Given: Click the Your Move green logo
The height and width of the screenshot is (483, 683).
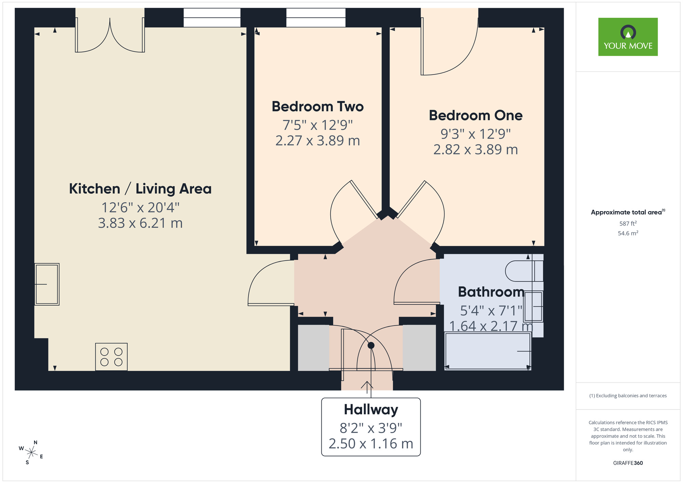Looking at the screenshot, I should click(x=628, y=37).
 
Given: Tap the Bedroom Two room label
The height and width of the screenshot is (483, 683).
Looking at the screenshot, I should click(x=317, y=107).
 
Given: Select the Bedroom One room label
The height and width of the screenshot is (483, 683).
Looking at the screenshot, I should click(x=475, y=115).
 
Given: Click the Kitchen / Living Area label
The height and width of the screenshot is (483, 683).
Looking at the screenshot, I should click(x=140, y=189).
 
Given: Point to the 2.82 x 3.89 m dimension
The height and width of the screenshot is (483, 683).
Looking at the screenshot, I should click(x=475, y=150).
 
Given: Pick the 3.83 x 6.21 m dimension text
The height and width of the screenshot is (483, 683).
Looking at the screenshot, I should click(x=140, y=223).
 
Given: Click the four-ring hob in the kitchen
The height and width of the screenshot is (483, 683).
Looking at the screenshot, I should click(x=111, y=357).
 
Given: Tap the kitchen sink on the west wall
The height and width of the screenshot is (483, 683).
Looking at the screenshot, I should click(x=47, y=284).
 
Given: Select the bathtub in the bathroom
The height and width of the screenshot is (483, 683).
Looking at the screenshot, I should click(x=487, y=351).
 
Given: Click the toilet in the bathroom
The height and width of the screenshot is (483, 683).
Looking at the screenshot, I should click(x=522, y=271).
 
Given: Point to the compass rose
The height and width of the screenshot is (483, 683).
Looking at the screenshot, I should click(x=31, y=453).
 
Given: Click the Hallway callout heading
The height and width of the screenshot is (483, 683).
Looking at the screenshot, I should click(x=371, y=410).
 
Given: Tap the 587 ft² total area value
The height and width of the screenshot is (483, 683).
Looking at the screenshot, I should click(x=628, y=224).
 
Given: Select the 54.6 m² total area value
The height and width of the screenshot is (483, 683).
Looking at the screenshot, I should click(x=628, y=233).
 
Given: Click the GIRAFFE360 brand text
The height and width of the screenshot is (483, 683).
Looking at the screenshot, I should click(x=628, y=463).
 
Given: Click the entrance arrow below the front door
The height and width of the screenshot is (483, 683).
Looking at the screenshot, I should click(x=367, y=386).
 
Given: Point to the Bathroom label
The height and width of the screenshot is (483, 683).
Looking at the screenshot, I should click(x=491, y=292).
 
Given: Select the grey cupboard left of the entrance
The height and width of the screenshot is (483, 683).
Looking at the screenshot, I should click(x=313, y=347).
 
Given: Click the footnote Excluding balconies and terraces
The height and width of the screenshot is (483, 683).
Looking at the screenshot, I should click(x=628, y=396).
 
